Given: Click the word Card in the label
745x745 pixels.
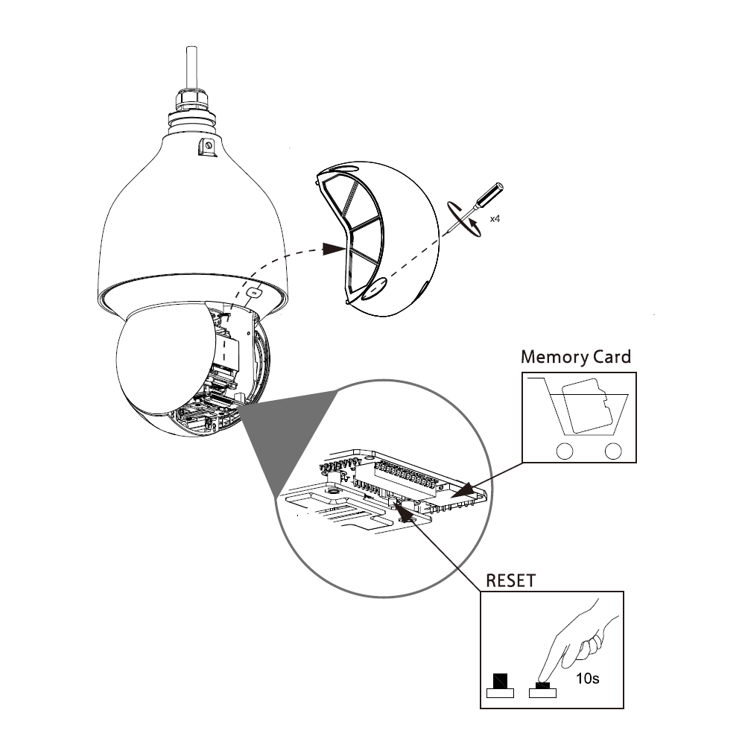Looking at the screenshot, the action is (612, 356).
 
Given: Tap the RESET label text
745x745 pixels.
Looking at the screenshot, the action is (511, 580).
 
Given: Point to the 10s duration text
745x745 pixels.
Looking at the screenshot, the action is (588, 679).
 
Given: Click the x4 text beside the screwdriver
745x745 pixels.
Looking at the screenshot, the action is (495, 218).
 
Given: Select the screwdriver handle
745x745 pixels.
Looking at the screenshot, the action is (490, 194).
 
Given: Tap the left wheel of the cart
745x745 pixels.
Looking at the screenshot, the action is (565, 451).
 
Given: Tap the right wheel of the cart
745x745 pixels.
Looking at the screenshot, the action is (613, 451).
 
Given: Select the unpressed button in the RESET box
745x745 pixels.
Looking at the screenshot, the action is (501, 686).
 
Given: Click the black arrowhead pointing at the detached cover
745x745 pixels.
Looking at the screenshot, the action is (335, 248).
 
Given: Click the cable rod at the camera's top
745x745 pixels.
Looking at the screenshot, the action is (192, 68).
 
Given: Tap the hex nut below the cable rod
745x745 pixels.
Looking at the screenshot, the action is (192, 99).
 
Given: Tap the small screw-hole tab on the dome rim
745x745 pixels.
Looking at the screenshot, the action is (254, 293).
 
